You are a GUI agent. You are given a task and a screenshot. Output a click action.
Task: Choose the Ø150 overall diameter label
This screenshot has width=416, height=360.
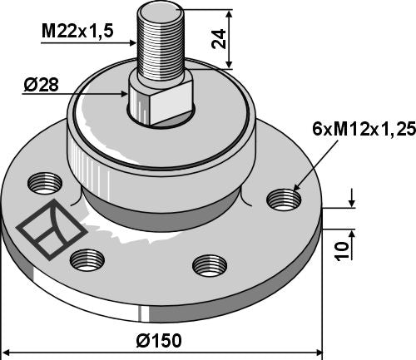pos(161,341)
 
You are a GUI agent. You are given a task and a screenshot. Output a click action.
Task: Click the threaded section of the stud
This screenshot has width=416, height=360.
pos(163,51)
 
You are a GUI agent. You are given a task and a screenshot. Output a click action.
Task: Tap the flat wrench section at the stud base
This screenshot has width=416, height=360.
pos(161,98)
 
